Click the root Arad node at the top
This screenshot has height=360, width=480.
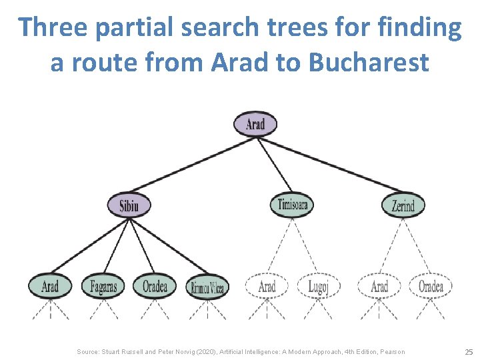point(255,124)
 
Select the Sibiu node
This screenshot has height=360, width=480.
point(129,205)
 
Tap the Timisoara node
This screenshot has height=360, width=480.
point(292,205)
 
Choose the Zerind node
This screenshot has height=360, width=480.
point(403,205)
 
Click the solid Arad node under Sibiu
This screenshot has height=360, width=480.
point(50,287)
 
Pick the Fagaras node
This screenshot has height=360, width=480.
point(103,287)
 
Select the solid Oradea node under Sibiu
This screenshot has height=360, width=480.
point(155,287)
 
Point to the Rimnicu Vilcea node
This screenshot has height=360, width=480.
point(207,287)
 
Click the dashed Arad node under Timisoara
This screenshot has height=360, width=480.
point(267,287)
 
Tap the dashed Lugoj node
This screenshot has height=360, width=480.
point(319,287)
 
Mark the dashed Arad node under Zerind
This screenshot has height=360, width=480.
point(379,287)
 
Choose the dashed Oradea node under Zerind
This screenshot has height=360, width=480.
point(431,287)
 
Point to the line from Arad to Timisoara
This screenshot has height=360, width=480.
point(273,164)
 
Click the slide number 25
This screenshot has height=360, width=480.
point(468,351)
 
